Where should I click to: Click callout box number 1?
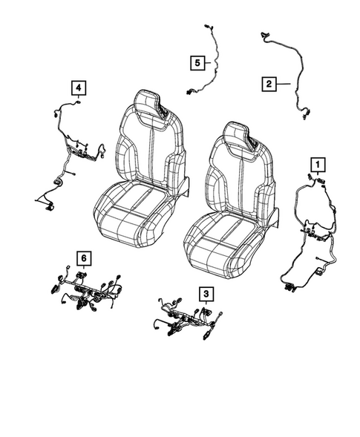(317, 162)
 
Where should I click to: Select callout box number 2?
(267, 84)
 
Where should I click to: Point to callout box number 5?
(196, 62)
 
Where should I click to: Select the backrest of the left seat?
(148, 148)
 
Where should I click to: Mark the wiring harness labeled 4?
(74, 152)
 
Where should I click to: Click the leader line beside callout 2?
(282, 85)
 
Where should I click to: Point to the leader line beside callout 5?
(208, 62)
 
